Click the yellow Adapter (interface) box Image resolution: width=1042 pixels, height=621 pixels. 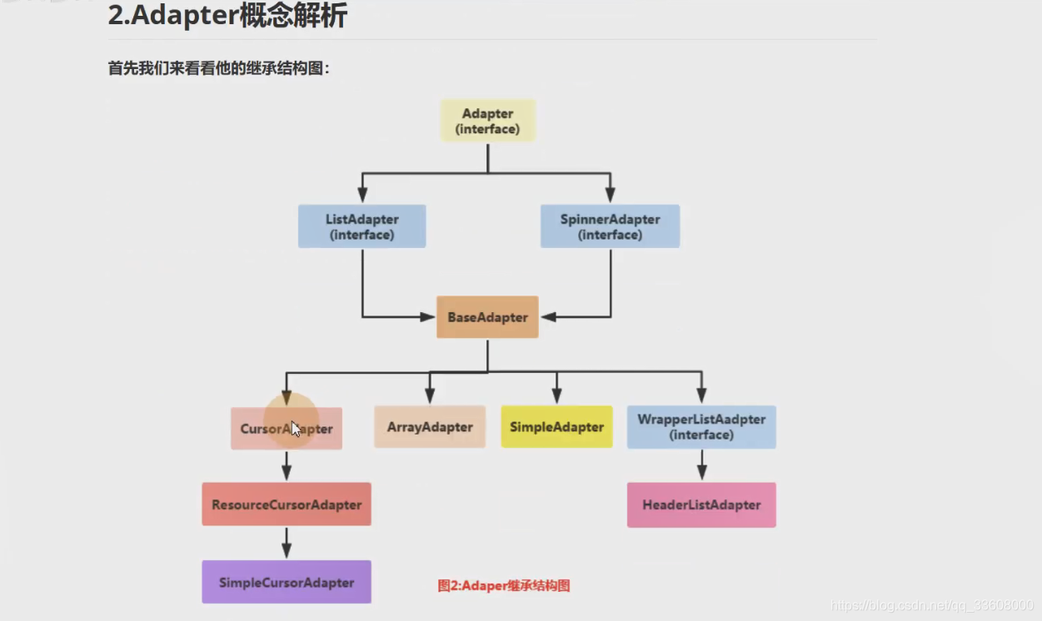(487, 121)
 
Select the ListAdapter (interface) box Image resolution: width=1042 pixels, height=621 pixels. (361, 226)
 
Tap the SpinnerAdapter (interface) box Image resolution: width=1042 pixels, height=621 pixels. (610, 226)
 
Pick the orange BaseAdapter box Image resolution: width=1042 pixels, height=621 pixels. (487, 317)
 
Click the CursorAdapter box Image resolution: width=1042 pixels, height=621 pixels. (286, 429)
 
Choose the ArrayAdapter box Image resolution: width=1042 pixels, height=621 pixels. (430, 427)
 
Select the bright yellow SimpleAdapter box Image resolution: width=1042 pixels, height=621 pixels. (556, 427)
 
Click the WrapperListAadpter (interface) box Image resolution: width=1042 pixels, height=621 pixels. (701, 427)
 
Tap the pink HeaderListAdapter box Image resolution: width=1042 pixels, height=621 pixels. (701, 504)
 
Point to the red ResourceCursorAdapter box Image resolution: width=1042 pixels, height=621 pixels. (286, 504)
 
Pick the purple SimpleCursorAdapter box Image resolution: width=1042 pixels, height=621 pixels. (286, 582)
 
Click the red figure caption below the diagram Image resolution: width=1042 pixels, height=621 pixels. (503, 585)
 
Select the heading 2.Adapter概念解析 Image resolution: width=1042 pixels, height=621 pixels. (227, 17)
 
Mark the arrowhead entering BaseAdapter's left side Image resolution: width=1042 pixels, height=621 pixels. (429, 317)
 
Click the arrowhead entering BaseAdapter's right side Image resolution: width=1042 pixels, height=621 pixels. (547, 317)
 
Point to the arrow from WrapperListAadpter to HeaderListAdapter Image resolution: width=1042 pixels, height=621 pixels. (702, 465)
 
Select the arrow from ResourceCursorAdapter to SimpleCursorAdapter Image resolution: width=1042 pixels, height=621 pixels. (287, 543)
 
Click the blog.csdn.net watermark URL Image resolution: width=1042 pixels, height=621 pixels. (932, 605)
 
